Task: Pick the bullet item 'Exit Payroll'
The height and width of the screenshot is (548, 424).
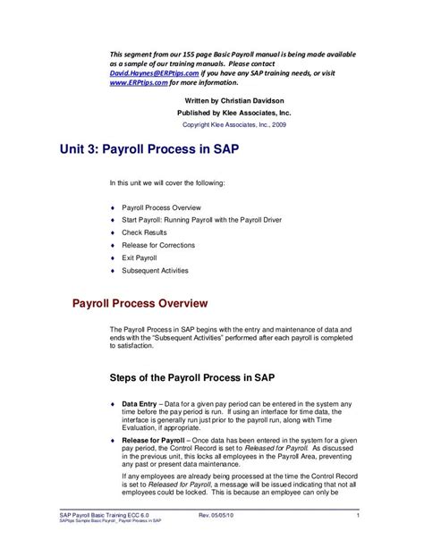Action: coord(142,257)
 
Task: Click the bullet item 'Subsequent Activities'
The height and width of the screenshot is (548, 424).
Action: coord(156,270)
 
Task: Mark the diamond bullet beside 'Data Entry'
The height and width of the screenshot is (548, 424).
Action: coord(112,404)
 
